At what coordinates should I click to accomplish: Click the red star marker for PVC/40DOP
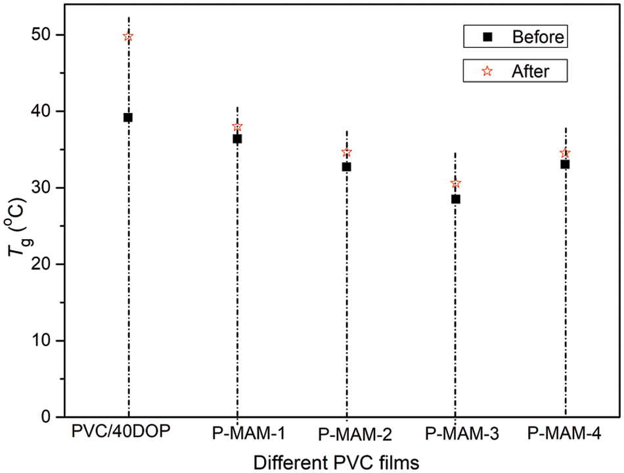pyautogui.click(x=128, y=37)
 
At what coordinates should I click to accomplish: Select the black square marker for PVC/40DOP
pyautogui.click(x=128, y=118)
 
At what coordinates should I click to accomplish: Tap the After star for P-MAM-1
pyautogui.click(x=237, y=127)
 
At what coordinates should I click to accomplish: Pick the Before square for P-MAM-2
pyautogui.click(x=346, y=167)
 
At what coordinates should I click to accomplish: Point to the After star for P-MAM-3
pyautogui.click(x=456, y=183)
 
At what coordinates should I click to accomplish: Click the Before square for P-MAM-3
pyautogui.click(x=456, y=199)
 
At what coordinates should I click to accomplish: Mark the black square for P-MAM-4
pyautogui.click(x=565, y=164)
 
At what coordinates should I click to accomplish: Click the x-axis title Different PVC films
pyautogui.click(x=336, y=462)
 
